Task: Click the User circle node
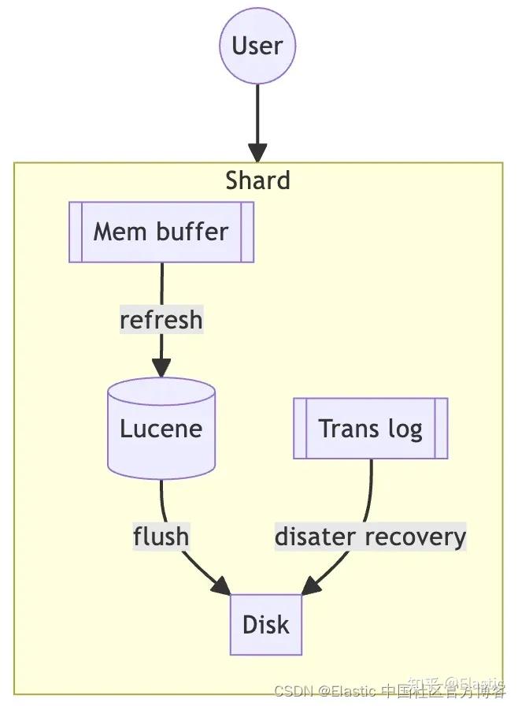257,46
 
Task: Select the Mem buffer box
161,232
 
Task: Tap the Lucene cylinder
161,429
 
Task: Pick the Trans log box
371,429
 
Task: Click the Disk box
266,625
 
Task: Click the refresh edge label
161,320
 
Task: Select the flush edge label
161,537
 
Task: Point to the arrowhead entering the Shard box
257,152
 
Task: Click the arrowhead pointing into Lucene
161,367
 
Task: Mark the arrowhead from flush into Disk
220,586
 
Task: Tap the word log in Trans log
405,429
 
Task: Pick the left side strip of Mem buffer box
76,232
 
